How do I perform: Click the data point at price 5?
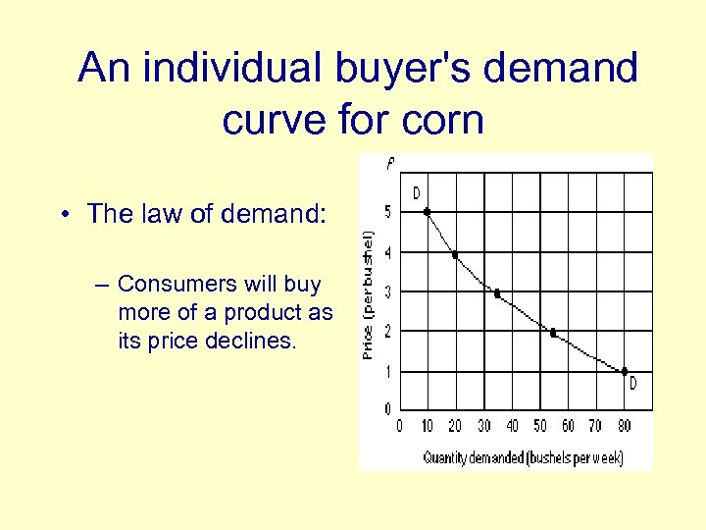point(427,211)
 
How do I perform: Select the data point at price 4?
point(455,255)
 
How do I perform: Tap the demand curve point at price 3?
point(497,293)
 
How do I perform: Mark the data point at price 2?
point(553,333)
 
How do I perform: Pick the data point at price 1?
point(625,371)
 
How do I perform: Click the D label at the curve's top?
point(416,192)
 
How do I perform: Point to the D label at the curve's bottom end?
point(632,385)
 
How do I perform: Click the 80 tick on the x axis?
point(624,426)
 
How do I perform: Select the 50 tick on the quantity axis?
point(539,426)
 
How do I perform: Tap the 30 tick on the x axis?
point(483,426)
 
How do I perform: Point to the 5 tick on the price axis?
point(387,211)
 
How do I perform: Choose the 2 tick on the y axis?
point(387,332)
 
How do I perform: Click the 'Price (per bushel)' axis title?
point(369,293)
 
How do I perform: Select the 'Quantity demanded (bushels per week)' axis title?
point(523,457)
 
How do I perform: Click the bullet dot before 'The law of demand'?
point(62,215)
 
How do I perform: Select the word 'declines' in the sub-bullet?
point(255,341)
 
